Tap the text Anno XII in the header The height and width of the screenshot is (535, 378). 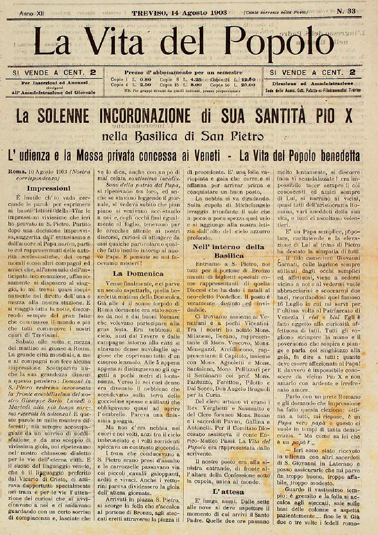pyautogui.click(x=32, y=14)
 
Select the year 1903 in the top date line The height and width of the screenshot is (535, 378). pyautogui.click(x=218, y=13)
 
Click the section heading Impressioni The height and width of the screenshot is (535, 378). pyautogui.click(x=53, y=188)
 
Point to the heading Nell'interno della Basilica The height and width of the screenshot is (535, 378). pyautogui.click(x=228, y=251)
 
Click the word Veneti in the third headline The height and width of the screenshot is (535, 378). pyautogui.click(x=206, y=156)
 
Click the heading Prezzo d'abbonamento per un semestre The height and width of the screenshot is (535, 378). pyautogui.click(x=183, y=73)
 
